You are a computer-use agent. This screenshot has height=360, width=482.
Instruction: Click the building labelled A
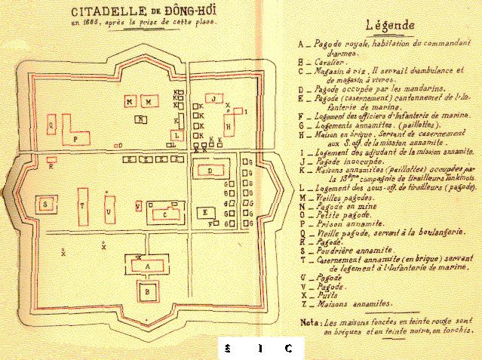point(148,265)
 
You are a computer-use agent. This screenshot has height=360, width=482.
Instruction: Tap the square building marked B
point(148,288)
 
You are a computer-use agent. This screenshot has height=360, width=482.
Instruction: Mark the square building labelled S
point(47,205)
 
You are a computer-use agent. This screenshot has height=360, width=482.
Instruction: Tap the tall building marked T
point(82,205)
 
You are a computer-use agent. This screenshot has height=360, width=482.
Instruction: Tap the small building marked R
point(51,159)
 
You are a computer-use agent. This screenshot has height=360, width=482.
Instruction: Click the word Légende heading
point(389,24)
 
